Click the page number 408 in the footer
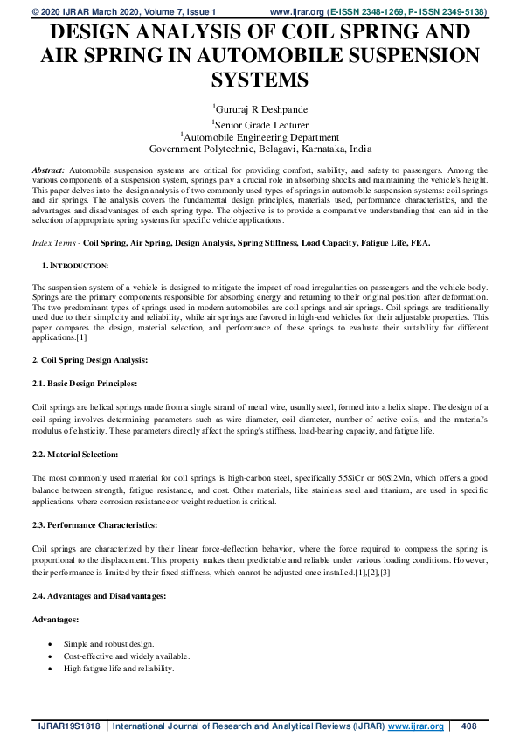(468, 726)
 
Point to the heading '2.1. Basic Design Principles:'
(84, 384)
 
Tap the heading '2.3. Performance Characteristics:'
(94, 524)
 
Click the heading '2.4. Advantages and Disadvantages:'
(98, 595)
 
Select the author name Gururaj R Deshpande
(261, 109)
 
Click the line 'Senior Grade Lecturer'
(261, 124)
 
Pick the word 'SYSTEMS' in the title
(260, 80)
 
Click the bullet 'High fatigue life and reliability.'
(119, 669)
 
